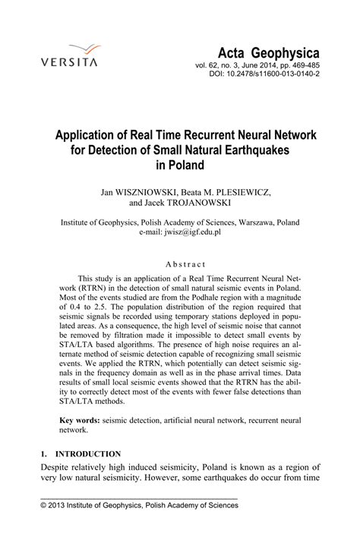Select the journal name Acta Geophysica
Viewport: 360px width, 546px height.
pos(270,52)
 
